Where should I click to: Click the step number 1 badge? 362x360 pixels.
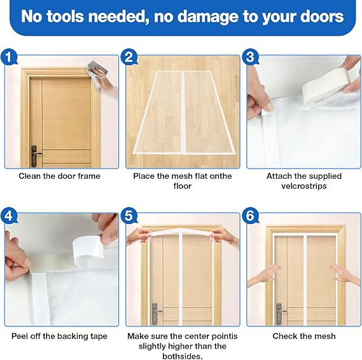[x=9, y=57]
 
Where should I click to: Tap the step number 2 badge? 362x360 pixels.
[x=130, y=57]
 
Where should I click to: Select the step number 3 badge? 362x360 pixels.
[x=251, y=57]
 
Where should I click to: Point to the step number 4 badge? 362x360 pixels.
[x=9, y=216]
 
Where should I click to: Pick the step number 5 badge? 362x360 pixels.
[x=130, y=216]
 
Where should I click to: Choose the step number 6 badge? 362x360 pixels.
[x=251, y=216]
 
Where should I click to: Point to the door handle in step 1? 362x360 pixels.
[x=34, y=155]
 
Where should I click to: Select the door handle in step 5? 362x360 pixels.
[x=156, y=314]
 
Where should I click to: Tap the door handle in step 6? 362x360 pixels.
[x=279, y=314]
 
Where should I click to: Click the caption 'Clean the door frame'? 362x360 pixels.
[x=60, y=176]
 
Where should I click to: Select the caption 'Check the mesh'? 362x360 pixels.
[x=304, y=336]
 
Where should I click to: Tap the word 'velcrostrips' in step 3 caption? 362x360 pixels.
[x=304, y=186]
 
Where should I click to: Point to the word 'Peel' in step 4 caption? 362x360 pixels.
[x=20, y=336]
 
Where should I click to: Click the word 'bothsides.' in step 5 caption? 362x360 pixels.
[x=183, y=356]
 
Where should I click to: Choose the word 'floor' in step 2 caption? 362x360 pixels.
[x=183, y=186]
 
